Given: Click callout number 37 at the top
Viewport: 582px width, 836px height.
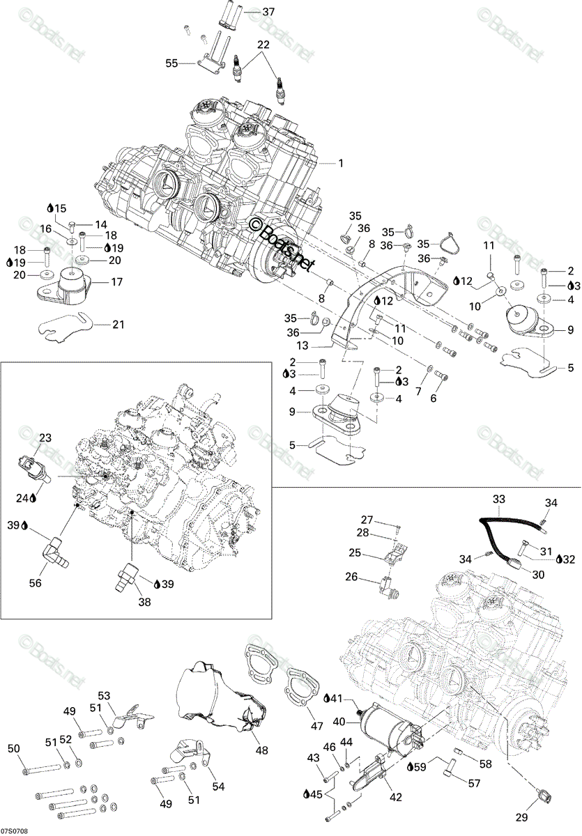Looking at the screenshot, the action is point(268,12).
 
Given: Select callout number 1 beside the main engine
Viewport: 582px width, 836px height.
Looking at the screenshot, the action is point(340,163).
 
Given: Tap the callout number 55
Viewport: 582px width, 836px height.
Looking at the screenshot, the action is point(171,63).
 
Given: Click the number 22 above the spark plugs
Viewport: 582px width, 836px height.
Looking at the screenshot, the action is point(263,45).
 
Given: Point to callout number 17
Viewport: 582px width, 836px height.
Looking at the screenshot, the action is point(117,281).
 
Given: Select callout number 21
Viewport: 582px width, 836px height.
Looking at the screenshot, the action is point(118,325).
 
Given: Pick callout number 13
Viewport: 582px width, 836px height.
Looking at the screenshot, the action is point(303,346).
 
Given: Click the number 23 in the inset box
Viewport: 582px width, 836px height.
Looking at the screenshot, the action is point(45,438).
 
